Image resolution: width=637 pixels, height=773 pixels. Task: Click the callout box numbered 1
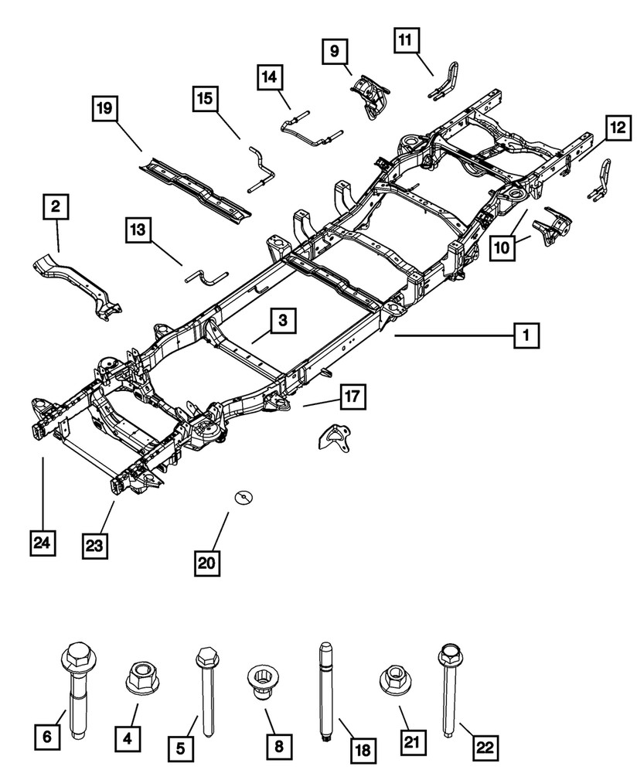pos(525,335)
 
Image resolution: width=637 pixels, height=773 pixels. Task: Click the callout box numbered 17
pos(352,397)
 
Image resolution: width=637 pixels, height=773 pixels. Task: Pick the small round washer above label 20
pos(245,495)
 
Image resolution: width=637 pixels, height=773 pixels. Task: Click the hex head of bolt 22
pos(449,655)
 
